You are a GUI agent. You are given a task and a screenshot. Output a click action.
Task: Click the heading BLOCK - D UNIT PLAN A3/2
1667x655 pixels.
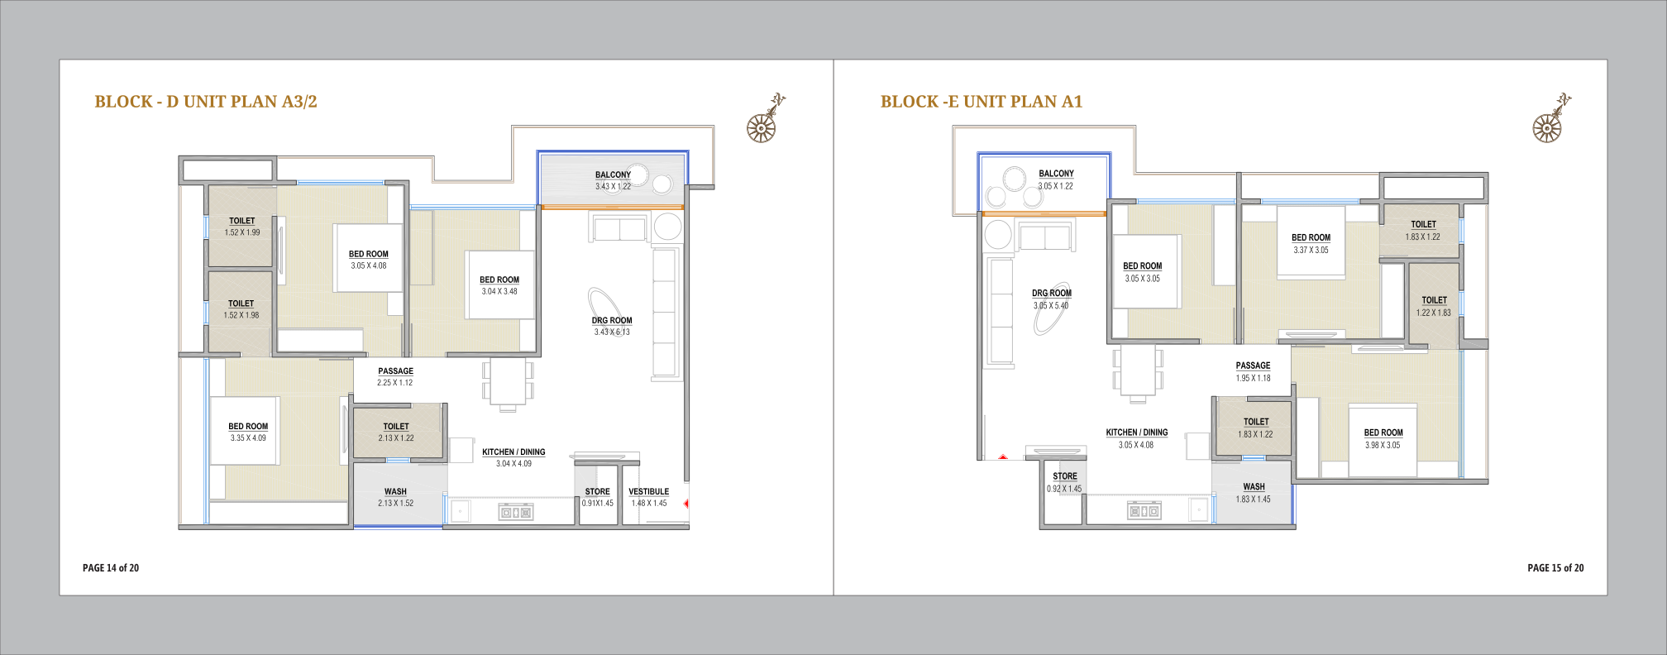click(206, 102)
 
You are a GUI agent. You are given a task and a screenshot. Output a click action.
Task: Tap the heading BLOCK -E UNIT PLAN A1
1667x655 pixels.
click(982, 102)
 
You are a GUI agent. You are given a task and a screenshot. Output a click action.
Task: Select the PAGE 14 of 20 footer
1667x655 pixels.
click(111, 568)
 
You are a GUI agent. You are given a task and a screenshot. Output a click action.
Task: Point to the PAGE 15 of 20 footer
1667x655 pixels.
click(1555, 568)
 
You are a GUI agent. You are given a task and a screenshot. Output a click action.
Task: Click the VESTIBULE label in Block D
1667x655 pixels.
click(649, 491)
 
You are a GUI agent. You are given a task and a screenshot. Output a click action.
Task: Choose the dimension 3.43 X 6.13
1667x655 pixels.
click(612, 332)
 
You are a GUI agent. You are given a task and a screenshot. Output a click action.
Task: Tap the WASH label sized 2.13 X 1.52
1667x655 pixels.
click(395, 491)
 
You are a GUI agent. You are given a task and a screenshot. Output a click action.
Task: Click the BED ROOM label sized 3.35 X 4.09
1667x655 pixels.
click(248, 427)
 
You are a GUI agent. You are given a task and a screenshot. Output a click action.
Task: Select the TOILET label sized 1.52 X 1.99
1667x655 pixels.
click(242, 221)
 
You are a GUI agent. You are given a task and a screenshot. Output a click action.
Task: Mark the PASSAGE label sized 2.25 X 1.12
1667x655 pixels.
click(396, 371)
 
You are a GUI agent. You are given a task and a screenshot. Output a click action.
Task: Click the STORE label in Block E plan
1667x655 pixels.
click(1065, 476)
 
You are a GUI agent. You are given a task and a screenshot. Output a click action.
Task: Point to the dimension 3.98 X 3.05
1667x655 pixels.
click(1383, 445)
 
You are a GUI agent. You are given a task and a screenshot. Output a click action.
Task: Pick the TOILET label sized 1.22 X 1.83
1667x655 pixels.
click(1435, 300)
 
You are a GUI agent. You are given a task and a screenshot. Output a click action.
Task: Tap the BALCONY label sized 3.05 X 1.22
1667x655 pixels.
click(1057, 174)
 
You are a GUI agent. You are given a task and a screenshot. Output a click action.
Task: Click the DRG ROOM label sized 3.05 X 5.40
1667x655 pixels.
click(1052, 294)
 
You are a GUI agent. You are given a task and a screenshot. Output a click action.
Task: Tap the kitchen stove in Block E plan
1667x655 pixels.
click(1144, 511)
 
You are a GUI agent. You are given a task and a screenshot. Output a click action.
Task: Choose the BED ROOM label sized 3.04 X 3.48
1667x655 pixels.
click(499, 280)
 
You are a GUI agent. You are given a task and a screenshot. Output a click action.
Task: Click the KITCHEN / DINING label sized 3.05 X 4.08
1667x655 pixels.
click(1137, 433)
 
